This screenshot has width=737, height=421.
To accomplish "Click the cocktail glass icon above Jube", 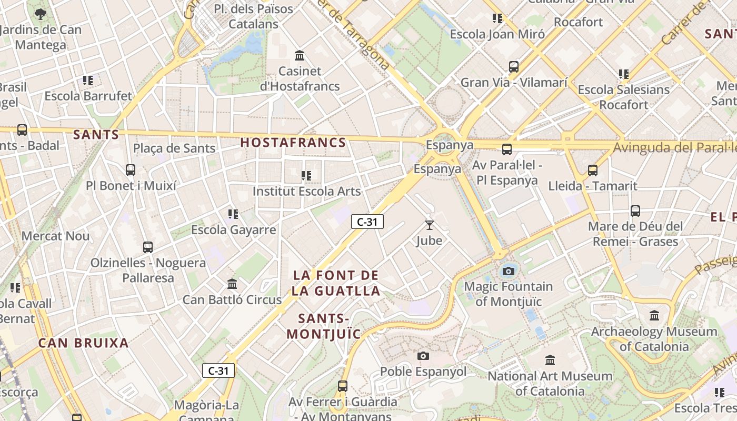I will pyautogui.click(x=430, y=225).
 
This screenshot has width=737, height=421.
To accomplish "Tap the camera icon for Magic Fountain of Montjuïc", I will pyautogui.click(x=508, y=271).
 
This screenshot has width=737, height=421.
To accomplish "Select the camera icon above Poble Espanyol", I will pyautogui.click(x=423, y=356).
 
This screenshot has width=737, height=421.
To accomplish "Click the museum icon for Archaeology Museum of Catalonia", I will pyautogui.click(x=654, y=316).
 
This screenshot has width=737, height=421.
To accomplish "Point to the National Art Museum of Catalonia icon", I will pyautogui.click(x=550, y=360).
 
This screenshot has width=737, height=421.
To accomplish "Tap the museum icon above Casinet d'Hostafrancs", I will pyautogui.click(x=300, y=55).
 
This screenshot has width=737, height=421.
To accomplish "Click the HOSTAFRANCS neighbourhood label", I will pyautogui.click(x=293, y=143).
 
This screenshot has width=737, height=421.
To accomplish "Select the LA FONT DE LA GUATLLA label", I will pyautogui.click(x=336, y=283).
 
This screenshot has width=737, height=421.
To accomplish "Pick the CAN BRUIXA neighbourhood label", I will pyautogui.click(x=83, y=343).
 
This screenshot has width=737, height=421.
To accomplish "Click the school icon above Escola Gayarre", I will pyautogui.click(x=233, y=214).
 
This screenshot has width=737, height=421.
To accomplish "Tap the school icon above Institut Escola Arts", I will pyautogui.click(x=306, y=175).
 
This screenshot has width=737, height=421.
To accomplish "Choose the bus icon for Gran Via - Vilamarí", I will pyautogui.click(x=513, y=67).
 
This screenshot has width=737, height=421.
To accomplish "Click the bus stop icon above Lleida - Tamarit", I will pyautogui.click(x=592, y=170).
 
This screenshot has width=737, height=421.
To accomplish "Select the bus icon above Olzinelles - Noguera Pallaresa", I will pyautogui.click(x=148, y=247).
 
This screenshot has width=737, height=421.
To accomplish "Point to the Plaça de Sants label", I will pyautogui.click(x=174, y=148).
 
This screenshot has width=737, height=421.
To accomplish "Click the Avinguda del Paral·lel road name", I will pyautogui.click(x=675, y=147).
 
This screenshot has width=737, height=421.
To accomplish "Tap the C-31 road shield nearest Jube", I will pyautogui.click(x=367, y=222).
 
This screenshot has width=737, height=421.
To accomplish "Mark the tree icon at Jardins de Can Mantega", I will pyautogui.click(x=41, y=14).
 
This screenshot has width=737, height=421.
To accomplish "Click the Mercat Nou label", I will pyautogui.click(x=55, y=236).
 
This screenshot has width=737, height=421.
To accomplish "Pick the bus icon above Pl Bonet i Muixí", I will pyautogui.click(x=131, y=170).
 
